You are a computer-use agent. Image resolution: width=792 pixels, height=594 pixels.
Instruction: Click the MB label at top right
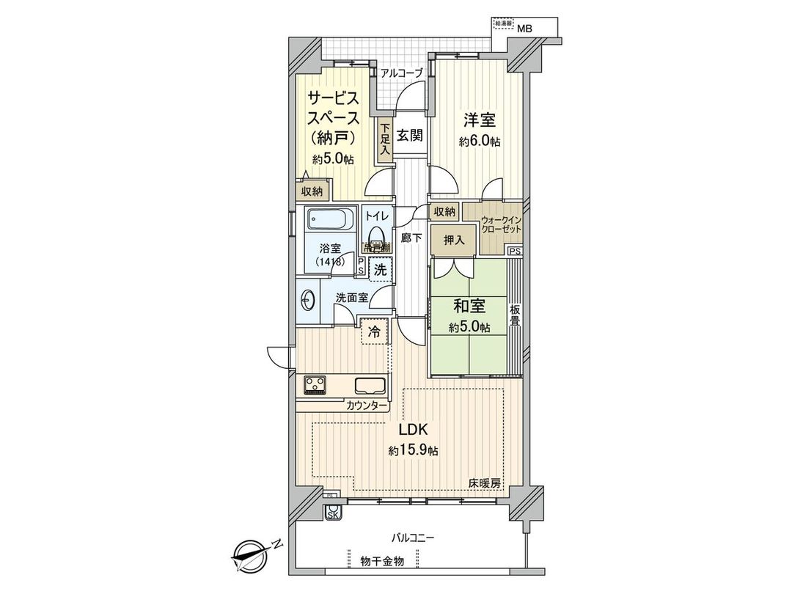coord(524,29)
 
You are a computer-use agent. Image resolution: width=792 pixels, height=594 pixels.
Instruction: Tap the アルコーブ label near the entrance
coord(401,73)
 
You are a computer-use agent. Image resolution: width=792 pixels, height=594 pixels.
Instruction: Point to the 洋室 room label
coord(477,119)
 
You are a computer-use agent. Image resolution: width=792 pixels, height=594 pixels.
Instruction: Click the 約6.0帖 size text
coord(480,142)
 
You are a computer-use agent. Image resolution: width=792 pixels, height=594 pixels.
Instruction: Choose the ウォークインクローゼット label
coord(502,224)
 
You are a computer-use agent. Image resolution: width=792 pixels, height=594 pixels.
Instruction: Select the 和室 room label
coord(469,306)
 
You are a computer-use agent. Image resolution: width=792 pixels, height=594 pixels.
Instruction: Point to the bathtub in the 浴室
coord(330,220)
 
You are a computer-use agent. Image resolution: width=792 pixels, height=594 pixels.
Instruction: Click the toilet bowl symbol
coord(377,236)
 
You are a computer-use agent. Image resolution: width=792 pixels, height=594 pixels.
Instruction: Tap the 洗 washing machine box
coord(380,269)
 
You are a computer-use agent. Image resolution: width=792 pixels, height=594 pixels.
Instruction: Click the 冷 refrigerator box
coord(374,332)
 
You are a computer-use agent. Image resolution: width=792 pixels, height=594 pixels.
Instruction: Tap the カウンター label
coord(367,405)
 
